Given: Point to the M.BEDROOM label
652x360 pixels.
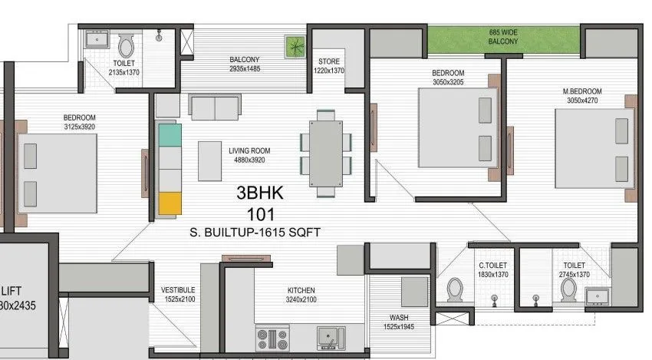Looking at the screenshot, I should tap(582, 91).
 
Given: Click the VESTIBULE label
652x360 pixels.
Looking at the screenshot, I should tap(177, 289).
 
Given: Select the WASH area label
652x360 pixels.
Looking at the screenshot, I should tap(398, 317).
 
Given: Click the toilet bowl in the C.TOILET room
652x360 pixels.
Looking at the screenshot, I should tap(455, 290).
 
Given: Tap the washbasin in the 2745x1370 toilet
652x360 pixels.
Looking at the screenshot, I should tap(598, 296).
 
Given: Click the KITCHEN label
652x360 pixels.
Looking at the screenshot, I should tap(301, 289).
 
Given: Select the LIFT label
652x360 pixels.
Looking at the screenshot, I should tap(11, 290).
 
